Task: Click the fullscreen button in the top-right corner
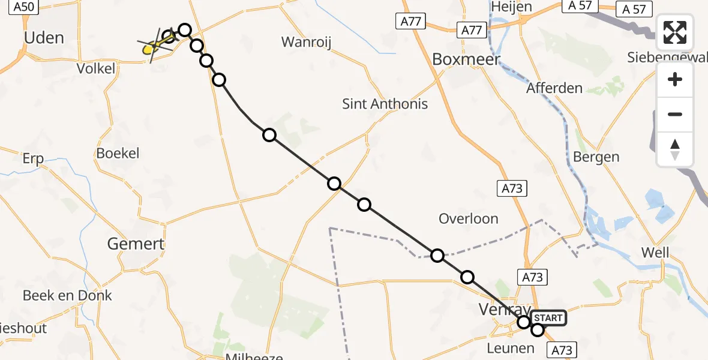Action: coord(675,32)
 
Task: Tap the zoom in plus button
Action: coord(675,79)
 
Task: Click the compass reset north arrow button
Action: coord(675,149)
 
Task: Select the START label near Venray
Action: coord(548,318)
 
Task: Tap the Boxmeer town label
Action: coord(466,60)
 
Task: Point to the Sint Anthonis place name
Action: coord(385,104)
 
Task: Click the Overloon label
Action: coord(468,218)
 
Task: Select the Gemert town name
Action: coord(136,244)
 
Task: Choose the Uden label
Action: coord(44,38)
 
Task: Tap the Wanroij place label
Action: coord(306,42)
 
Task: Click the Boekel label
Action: coord(118,153)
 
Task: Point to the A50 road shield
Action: coord(24,7)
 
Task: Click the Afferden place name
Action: coord(554,88)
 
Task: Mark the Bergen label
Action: coord(596,157)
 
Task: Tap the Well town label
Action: coord(655,253)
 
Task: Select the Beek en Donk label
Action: coord(67,295)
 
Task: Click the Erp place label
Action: coord(33,159)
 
